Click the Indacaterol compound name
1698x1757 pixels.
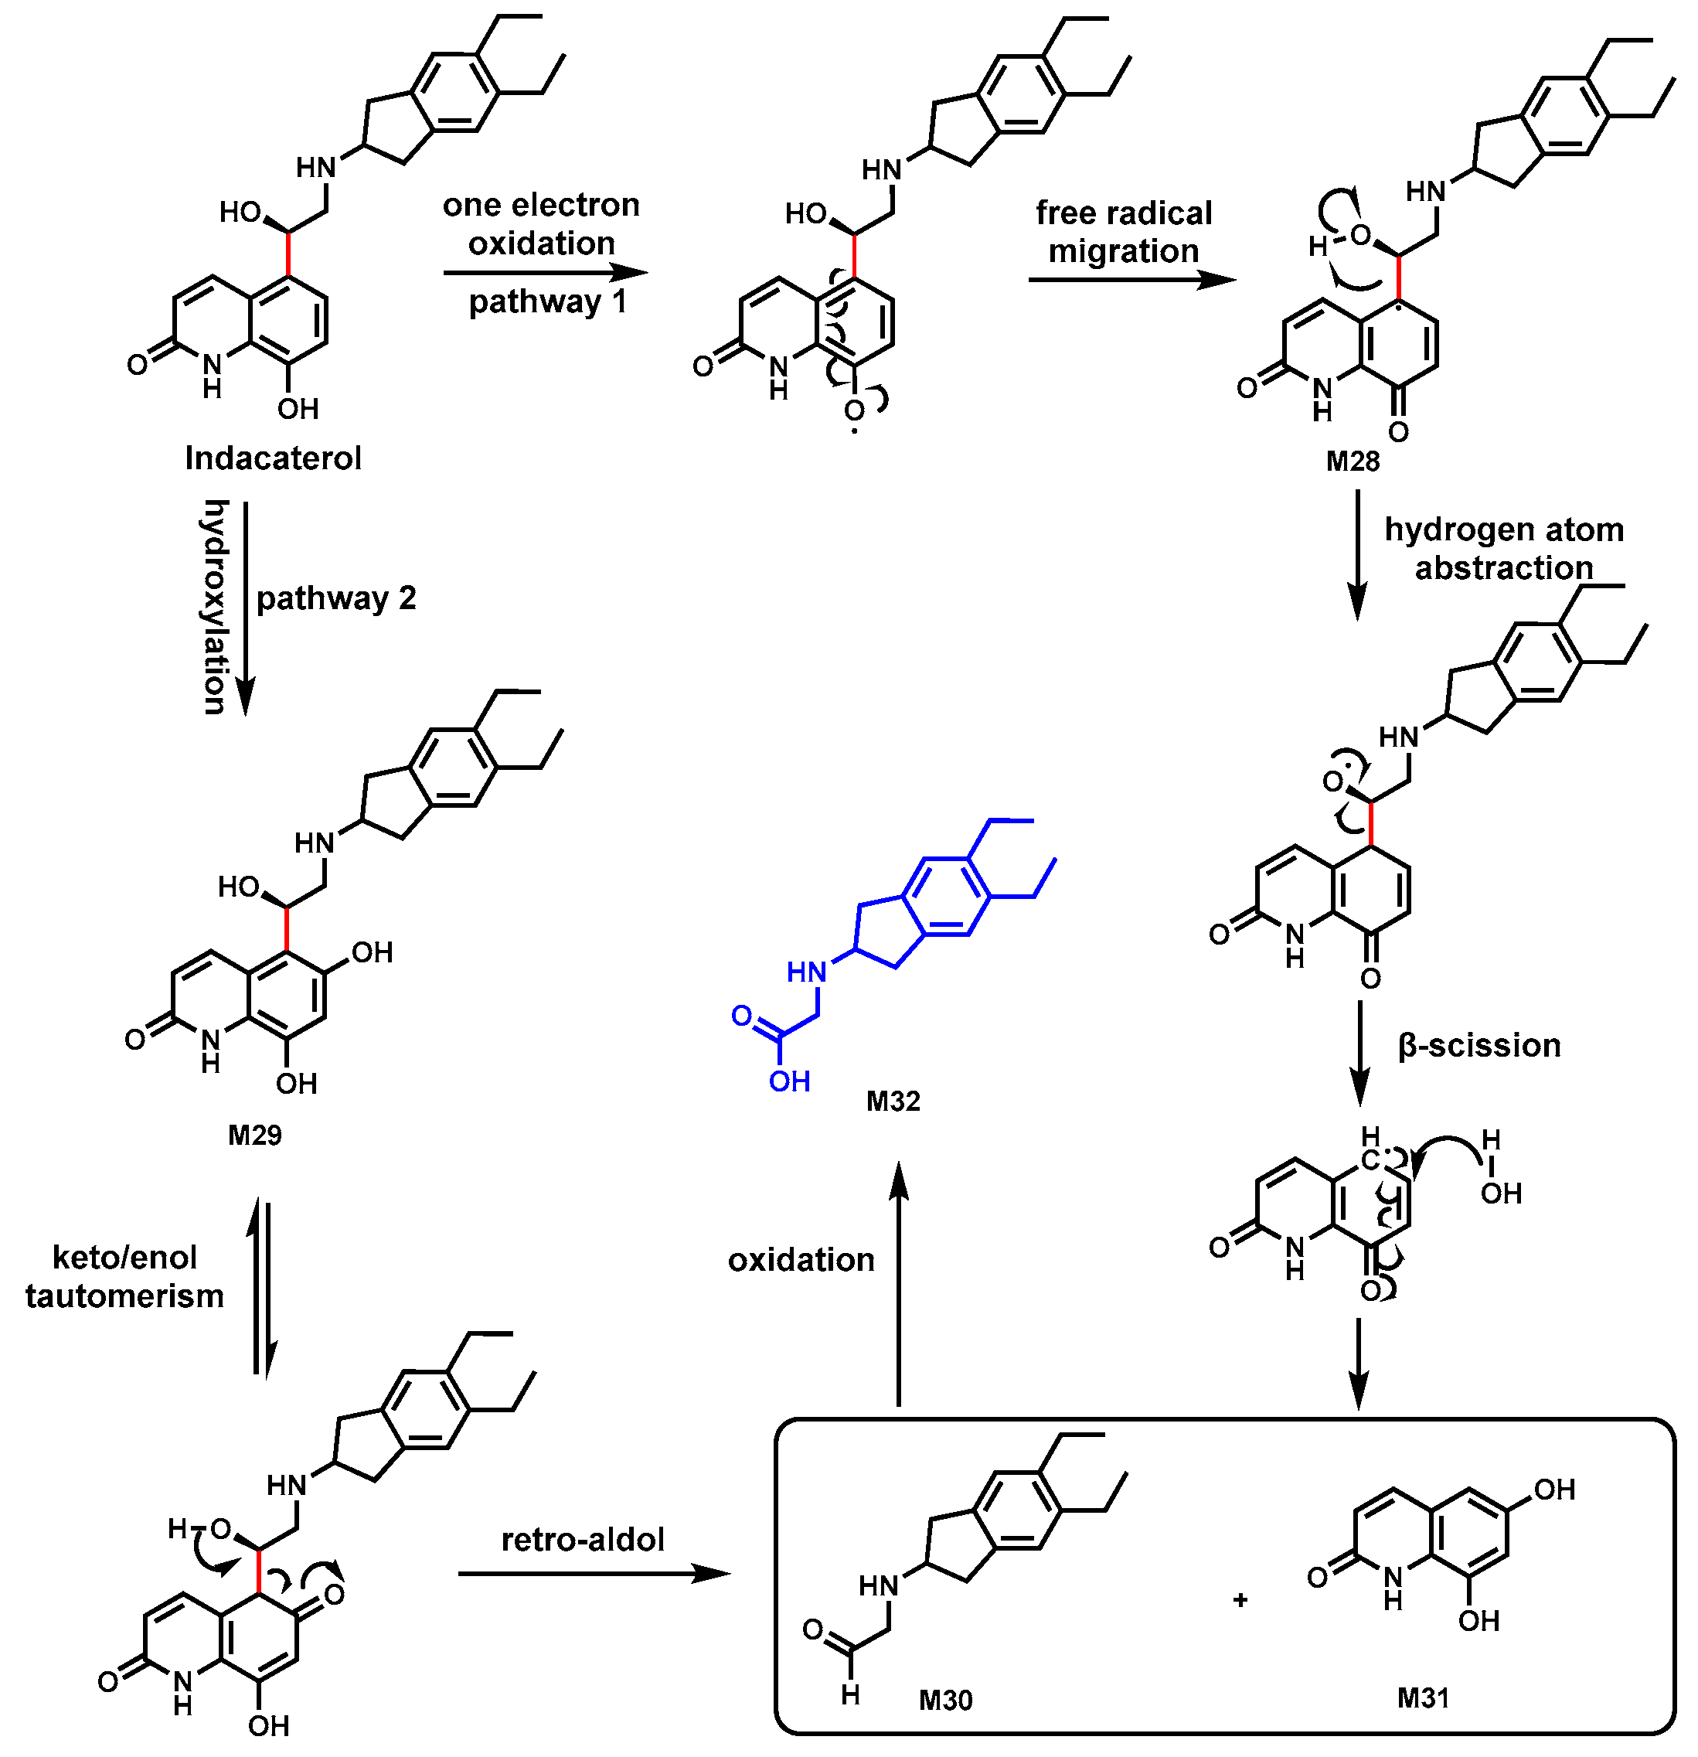coord(273,458)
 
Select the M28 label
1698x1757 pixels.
coord(1353,461)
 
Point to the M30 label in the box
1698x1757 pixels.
coord(945,1700)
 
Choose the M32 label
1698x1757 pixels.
coord(893,1101)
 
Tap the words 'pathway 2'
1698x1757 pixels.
coord(336,598)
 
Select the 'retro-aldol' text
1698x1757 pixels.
coord(583,1540)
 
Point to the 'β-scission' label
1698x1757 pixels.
coord(1479,1046)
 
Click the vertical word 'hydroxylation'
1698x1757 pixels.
coord(215,608)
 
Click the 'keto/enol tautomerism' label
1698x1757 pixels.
coord(124,1276)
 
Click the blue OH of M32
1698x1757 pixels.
coord(789,1081)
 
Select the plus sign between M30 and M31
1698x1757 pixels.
coord(1240,1600)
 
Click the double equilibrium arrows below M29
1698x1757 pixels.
coord(262,1287)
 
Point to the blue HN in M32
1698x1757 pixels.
coord(805,972)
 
